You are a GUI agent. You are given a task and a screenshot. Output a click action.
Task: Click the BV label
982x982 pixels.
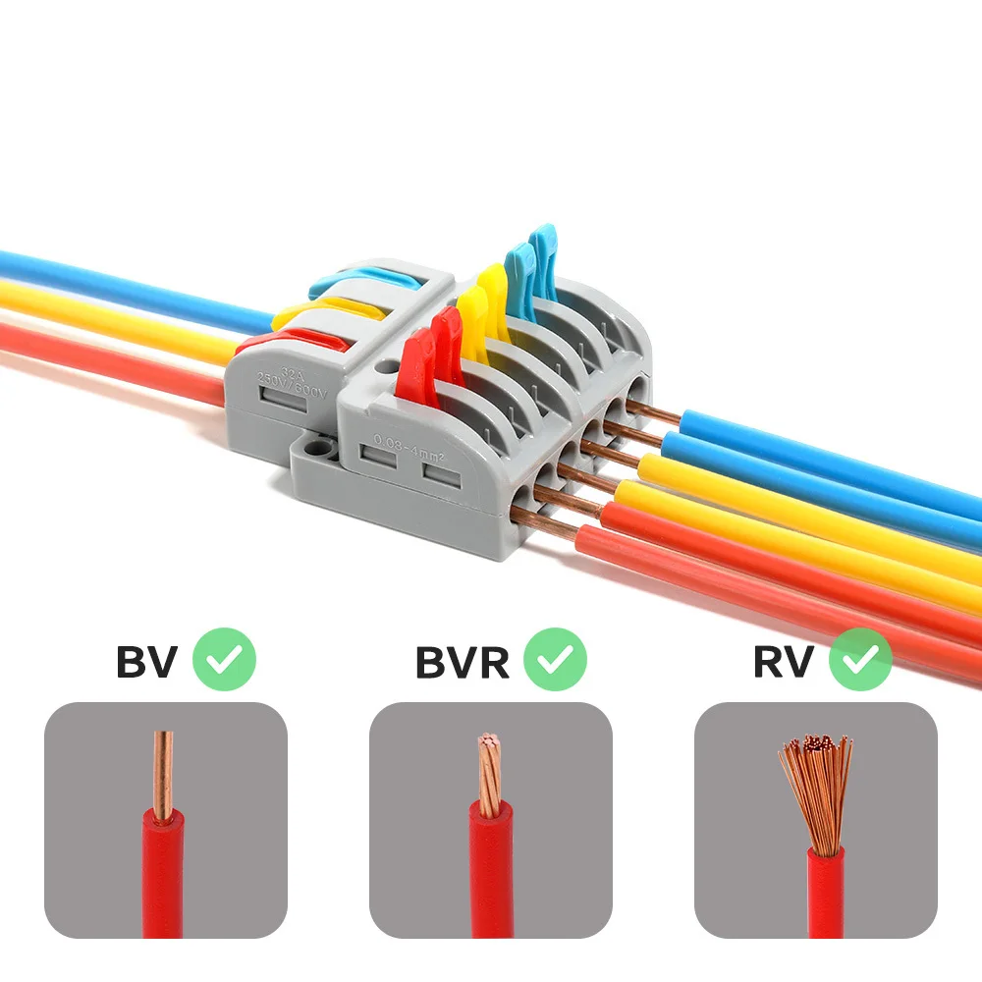coord(146,662)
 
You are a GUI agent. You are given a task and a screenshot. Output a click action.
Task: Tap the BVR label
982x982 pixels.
coord(463,662)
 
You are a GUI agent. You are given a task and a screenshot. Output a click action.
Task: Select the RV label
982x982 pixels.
coord(784,662)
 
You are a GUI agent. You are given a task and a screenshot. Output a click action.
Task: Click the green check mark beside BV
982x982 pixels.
coord(224,659)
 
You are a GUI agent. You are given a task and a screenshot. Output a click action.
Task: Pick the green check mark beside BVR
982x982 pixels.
coord(555,659)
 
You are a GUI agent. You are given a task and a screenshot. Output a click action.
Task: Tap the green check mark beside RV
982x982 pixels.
coord(860,659)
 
